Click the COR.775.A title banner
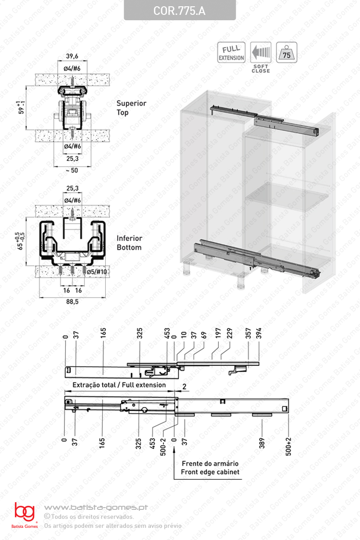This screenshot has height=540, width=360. [x=180, y=10]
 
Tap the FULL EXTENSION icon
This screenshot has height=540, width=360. [x=231, y=52]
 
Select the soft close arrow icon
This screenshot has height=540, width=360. [x=261, y=52]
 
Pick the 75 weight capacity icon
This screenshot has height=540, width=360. [x=287, y=52]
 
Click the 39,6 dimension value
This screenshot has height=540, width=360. [x=72, y=56]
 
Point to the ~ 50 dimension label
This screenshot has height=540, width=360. [x=72, y=171]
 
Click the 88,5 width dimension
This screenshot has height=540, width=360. [x=72, y=301]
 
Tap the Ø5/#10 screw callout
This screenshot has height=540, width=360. [x=97, y=272]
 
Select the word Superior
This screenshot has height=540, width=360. [x=131, y=103]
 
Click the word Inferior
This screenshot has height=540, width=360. [x=130, y=238]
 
